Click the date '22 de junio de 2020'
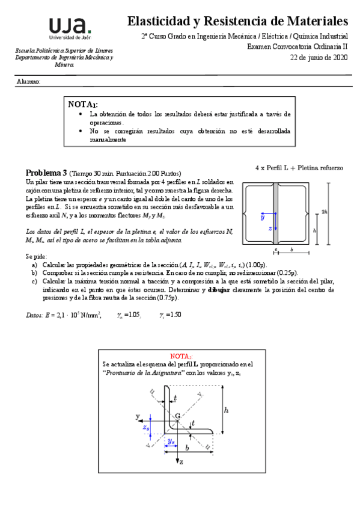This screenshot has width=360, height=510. pyautogui.click(x=319, y=58)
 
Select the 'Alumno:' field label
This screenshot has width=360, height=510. pyautogui.click(x=28, y=81)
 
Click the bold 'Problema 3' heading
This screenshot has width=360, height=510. pyautogui.click(x=46, y=173)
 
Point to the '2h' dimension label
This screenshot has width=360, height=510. pyautogui.click(x=324, y=211)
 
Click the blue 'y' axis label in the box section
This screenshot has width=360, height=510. pyautogui.click(x=262, y=218)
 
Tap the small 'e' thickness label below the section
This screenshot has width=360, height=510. pyautogui.click(x=276, y=248)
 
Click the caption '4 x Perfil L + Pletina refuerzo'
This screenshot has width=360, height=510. pyautogui.click(x=299, y=168)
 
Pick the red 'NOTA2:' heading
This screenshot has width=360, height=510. pyautogui.click(x=180, y=356)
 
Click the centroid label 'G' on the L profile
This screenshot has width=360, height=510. pyautogui.click(x=177, y=416)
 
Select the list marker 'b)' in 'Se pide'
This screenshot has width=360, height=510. pyautogui.click(x=34, y=272)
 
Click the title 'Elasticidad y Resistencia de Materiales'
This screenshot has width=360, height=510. pyautogui.click(x=237, y=22)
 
